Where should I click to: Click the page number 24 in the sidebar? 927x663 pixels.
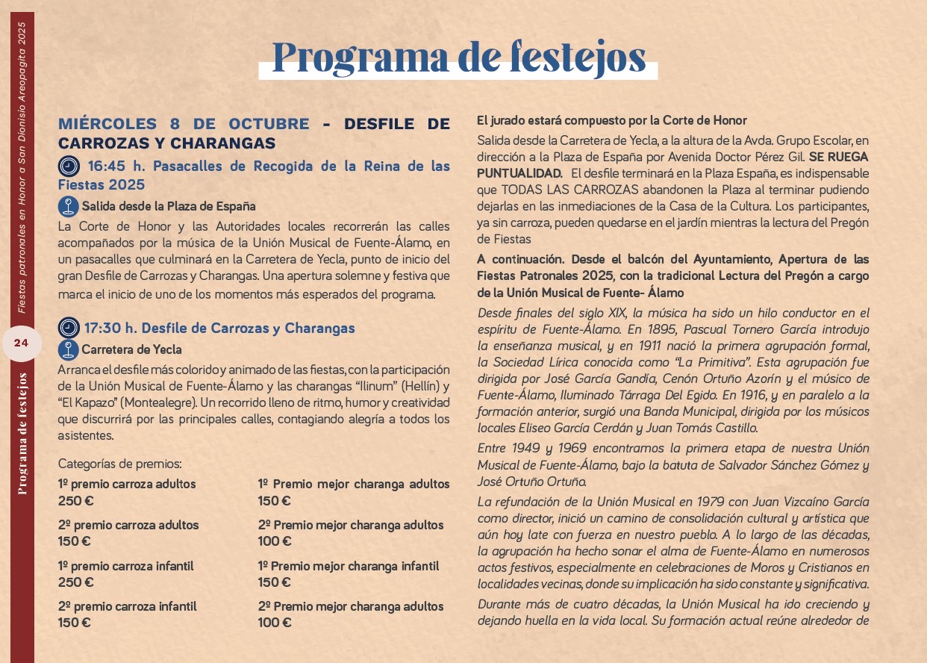(21, 343)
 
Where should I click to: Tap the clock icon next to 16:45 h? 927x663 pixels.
(69, 166)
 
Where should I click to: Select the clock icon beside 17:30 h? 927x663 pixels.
(69, 328)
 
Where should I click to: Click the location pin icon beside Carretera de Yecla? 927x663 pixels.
(69, 349)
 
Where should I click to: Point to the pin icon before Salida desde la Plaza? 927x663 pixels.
(69, 206)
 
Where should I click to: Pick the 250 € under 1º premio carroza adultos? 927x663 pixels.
(75, 501)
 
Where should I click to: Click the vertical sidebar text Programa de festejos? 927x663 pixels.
(23, 433)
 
